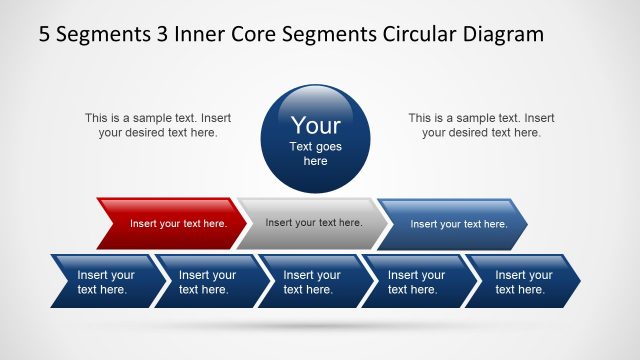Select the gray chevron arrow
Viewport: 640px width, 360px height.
click(312, 222)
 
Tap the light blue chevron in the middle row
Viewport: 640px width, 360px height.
click(456, 223)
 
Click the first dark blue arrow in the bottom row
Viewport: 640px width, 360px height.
click(104, 282)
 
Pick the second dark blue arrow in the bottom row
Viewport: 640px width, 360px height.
click(207, 282)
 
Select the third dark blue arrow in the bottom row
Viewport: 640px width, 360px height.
click(311, 282)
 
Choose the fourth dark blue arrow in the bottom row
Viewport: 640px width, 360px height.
click(415, 282)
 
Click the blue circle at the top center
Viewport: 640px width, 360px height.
click(315, 139)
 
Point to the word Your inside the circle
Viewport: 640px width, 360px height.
click(315, 126)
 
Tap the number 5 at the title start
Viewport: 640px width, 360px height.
click(45, 35)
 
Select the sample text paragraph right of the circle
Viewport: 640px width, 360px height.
click(481, 125)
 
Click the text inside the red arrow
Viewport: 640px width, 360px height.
click(178, 223)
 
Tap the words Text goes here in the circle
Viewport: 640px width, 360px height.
click(315, 153)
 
